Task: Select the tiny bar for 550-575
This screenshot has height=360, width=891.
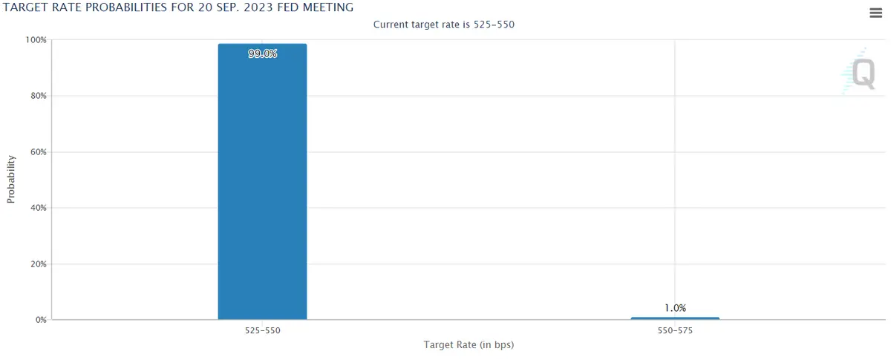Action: tap(675, 318)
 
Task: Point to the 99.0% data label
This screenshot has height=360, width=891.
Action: tap(262, 54)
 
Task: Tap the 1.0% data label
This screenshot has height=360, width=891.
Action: tap(675, 307)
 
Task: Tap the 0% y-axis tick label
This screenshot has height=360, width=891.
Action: tap(41, 320)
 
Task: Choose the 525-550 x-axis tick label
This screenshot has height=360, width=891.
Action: tap(262, 331)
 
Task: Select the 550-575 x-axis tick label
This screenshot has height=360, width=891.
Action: tap(675, 331)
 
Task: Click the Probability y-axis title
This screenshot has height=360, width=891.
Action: tap(11, 179)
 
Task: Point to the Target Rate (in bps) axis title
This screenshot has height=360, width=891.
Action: tap(469, 345)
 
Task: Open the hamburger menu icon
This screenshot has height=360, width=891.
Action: tap(875, 13)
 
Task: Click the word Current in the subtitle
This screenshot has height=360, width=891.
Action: tap(393, 24)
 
